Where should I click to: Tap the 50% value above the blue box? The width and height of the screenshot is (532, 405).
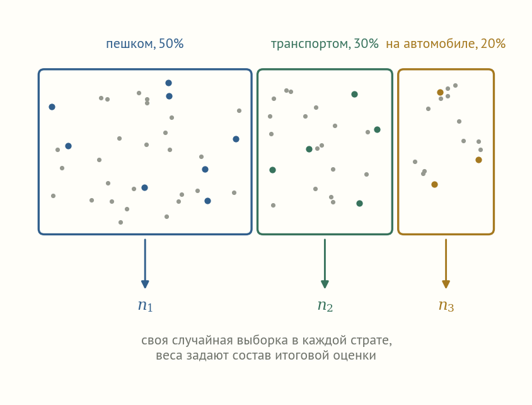[171, 44]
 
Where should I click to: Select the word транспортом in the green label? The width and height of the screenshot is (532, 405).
[311, 44]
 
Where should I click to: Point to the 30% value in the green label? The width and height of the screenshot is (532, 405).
[366, 44]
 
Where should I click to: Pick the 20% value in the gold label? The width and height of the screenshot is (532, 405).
[493, 44]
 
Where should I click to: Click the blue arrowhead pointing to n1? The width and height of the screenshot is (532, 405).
[145, 284]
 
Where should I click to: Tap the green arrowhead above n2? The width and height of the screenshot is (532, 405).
[325, 284]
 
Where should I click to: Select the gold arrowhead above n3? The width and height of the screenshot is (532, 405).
[446, 284]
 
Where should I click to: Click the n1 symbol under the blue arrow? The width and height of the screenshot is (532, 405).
[145, 305]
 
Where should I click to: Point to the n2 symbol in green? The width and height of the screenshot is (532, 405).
[325, 305]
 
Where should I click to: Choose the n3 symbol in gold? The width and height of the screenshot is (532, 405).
[446, 305]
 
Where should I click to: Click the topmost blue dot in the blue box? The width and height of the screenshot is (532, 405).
[169, 83]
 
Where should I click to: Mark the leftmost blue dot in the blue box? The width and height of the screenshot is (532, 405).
[52, 107]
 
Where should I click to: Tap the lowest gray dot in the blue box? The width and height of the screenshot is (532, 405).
[120, 222]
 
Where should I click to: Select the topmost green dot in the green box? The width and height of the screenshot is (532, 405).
[354, 95]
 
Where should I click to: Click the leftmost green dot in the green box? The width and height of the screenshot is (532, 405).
[272, 170]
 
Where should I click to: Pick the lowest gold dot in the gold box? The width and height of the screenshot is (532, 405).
[435, 185]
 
